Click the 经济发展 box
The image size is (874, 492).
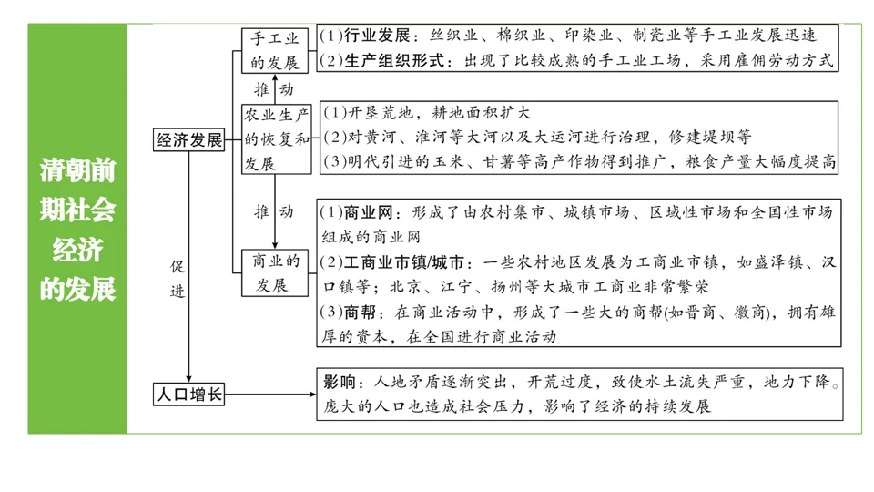tap(188, 140)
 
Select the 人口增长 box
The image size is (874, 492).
tap(188, 395)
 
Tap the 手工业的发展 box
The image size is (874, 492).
tap(274, 50)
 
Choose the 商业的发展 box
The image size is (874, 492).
tap(275, 272)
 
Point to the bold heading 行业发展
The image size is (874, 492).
tap(376, 36)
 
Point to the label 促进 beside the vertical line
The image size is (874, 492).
tap(178, 278)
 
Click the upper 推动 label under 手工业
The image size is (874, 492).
tap(273, 89)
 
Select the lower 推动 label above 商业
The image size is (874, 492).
tap(273, 211)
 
